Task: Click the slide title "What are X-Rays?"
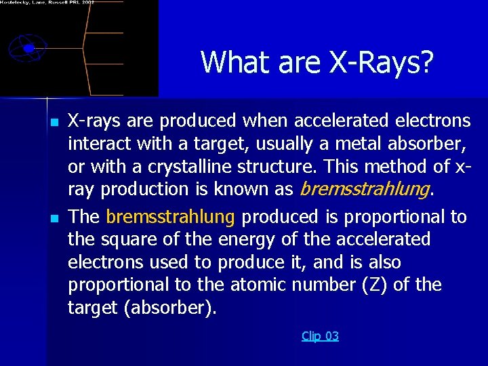click(x=317, y=62)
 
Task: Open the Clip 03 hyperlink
click(x=320, y=336)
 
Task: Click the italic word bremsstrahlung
click(x=364, y=189)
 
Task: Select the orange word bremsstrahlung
click(x=170, y=217)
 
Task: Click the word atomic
click(x=255, y=285)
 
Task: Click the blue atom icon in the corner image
click(x=28, y=48)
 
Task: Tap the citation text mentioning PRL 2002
click(x=47, y=3)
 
